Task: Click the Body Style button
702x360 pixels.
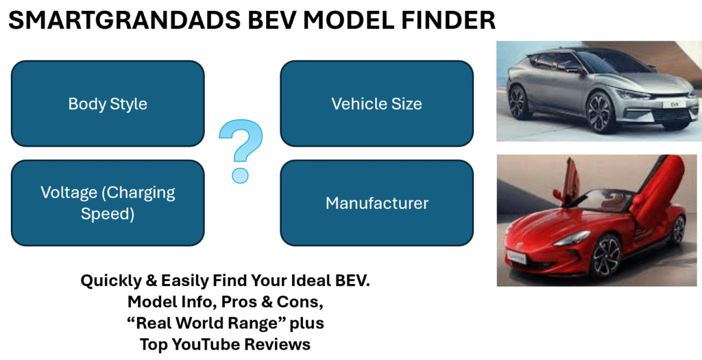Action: pyautogui.click(x=108, y=104)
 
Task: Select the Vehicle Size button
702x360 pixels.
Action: pyautogui.click(x=376, y=104)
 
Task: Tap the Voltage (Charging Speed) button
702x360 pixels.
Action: pyautogui.click(x=108, y=203)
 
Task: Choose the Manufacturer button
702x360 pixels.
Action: pyautogui.click(x=376, y=203)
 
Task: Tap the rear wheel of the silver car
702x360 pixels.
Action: pyautogui.click(x=520, y=103)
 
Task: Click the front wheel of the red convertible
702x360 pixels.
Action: pyautogui.click(x=607, y=256)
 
